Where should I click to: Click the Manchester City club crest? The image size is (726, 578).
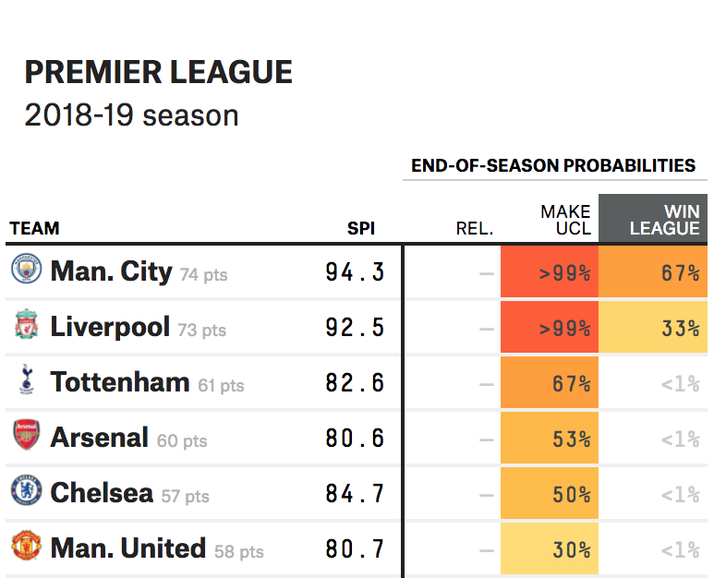pyautogui.click(x=26, y=271)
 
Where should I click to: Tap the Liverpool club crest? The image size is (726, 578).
pyautogui.click(x=26, y=326)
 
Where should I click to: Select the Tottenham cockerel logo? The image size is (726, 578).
pyautogui.click(x=26, y=380)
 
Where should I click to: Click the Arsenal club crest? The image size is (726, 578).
pyautogui.click(x=26, y=436)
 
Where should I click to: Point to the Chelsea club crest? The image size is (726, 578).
pyautogui.click(x=26, y=491)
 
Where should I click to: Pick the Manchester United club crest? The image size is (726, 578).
pyautogui.click(x=26, y=547)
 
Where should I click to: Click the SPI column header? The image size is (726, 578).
pyautogui.click(x=361, y=229)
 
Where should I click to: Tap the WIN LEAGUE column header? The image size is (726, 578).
pyautogui.click(x=653, y=220)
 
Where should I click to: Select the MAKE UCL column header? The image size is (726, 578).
pyautogui.click(x=565, y=220)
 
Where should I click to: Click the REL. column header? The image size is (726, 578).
pyautogui.click(x=475, y=229)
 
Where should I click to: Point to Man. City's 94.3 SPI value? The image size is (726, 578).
pyautogui.click(x=355, y=272)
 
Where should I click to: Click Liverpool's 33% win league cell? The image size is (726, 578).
pyautogui.click(x=653, y=327)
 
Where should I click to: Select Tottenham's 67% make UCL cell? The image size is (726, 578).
pyautogui.click(x=550, y=383)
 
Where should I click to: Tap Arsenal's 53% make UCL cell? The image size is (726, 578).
pyautogui.click(x=550, y=439)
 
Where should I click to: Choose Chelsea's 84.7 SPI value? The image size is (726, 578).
pyautogui.click(x=355, y=494)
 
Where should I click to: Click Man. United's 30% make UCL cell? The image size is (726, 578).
pyautogui.click(x=550, y=549)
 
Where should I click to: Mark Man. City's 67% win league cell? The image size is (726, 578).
pyautogui.click(x=653, y=272)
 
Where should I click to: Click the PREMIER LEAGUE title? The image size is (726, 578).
pyautogui.click(x=158, y=72)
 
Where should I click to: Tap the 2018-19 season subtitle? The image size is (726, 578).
pyautogui.click(x=131, y=115)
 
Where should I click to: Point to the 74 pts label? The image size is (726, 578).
pyautogui.click(x=203, y=274)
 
